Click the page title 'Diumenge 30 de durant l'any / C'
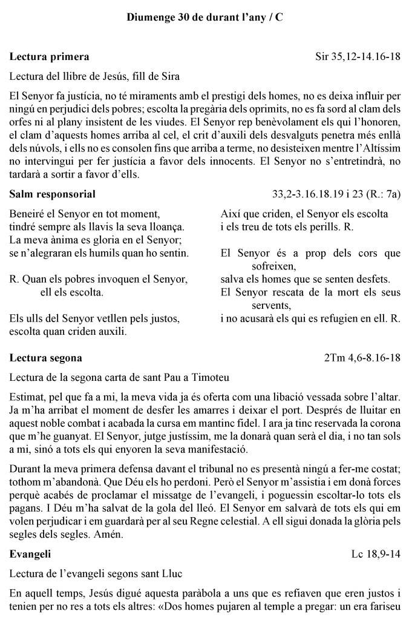[204, 18]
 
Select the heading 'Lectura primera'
[50, 57]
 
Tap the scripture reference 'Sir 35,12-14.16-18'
[358, 57]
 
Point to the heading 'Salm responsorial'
[53, 194]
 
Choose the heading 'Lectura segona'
[46, 358]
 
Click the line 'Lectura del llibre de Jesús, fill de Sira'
[95, 76]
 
